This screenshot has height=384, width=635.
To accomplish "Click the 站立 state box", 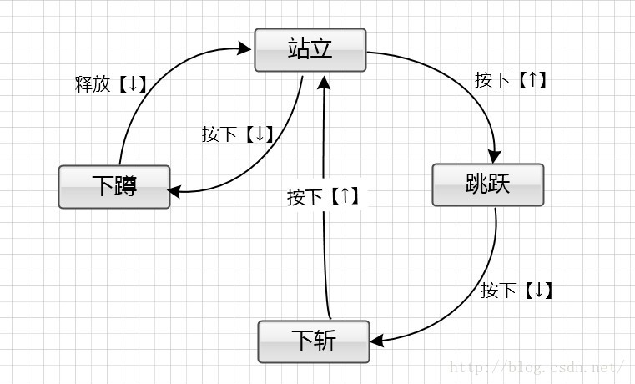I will [310, 50].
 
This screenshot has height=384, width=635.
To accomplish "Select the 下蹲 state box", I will [113, 187].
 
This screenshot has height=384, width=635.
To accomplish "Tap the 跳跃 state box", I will [487, 184].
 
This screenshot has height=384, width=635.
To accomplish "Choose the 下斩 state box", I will [313, 341].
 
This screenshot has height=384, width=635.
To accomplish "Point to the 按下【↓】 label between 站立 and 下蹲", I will [239, 134].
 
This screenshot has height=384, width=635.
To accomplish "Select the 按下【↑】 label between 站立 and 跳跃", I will [512, 80].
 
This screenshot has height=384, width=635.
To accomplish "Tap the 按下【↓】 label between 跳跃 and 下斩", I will [517, 291].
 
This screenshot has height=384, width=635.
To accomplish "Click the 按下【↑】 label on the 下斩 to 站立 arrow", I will [324, 197].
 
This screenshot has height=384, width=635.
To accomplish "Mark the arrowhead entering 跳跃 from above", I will [494, 156].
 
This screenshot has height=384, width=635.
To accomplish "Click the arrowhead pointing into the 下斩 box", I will [377, 340].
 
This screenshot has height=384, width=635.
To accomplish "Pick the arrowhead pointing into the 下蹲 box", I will [174, 191].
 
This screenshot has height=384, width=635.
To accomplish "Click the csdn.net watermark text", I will [537, 366].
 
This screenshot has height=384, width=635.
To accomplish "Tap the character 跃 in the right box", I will [499, 184].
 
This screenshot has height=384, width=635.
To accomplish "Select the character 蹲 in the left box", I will [125, 187].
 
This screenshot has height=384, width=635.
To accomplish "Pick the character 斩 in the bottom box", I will [325, 341].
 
